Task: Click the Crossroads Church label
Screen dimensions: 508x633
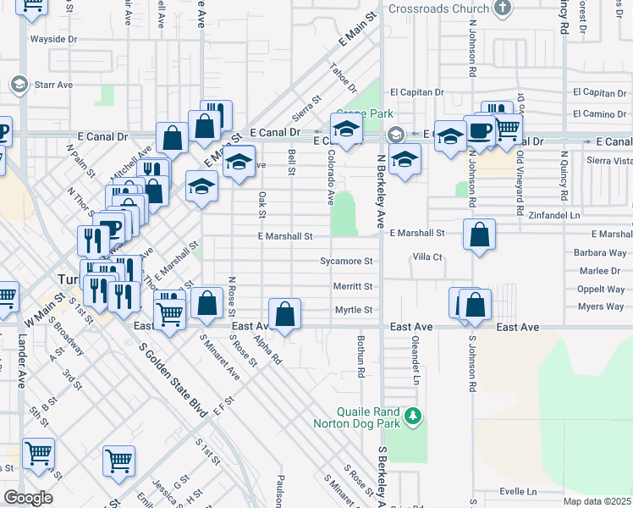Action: pyautogui.click(x=439, y=9)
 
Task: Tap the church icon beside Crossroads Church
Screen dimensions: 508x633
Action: pyautogui.click(x=504, y=8)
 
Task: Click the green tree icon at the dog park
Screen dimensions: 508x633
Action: pyautogui.click(x=412, y=416)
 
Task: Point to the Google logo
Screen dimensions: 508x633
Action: pyautogui.click(x=28, y=497)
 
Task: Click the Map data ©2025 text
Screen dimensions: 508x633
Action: pyautogui.click(x=597, y=501)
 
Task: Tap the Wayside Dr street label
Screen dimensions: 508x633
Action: pyautogui.click(x=53, y=39)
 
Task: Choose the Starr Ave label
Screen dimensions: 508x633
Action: pyautogui.click(x=53, y=85)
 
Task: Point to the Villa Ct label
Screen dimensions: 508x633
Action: pyautogui.click(x=427, y=257)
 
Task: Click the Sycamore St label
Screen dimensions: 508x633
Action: pyautogui.click(x=346, y=262)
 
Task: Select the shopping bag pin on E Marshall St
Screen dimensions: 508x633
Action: pyautogui.click(x=479, y=236)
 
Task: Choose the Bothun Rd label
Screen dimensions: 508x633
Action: pyautogui.click(x=361, y=356)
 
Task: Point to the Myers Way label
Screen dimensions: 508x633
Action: pyautogui.click(x=601, y=306)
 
